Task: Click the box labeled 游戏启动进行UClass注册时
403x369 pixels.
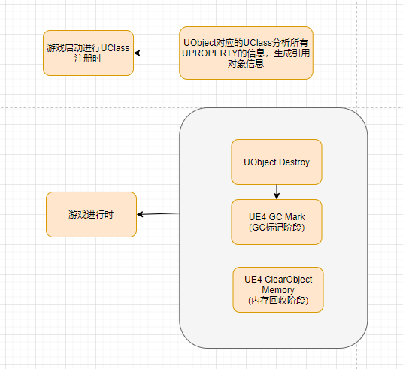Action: click(x=88, y=53)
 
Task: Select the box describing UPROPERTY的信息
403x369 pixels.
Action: click(x=246, y=53)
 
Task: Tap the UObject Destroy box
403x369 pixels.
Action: click(x=277, y=162)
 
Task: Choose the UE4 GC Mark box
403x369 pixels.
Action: click(x=277, y=222)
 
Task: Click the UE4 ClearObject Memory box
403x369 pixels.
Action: click(x=278, y=289)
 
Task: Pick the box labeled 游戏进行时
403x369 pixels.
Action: click(x=91, y=214)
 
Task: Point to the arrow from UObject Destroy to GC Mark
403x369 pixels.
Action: click(x=277, y=192)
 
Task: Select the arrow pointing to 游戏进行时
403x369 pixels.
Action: click(x=158, y=214)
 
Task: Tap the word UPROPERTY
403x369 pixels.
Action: click(x=212, y=53)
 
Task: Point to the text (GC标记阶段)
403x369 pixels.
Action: click(x=277, y=228)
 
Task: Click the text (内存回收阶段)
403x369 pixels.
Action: click(x=278, y=301)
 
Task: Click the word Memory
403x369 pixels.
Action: click(x=278, y=289)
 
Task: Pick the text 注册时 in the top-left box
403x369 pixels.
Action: click(x=88, y=59)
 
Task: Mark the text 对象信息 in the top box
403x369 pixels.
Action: click(x=246, y=65)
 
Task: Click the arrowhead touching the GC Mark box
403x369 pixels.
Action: click(x=277, y=196)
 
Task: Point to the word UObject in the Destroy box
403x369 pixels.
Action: click(x=259, y=162)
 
